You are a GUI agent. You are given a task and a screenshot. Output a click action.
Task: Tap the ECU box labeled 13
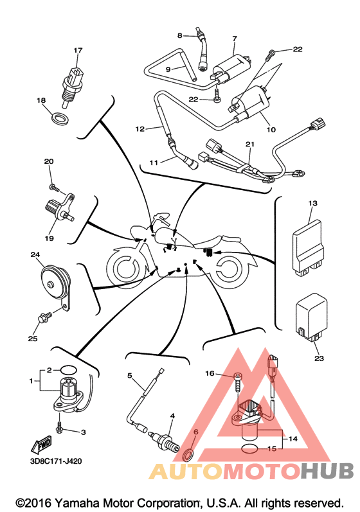pyautogui.click(x=309, y=248)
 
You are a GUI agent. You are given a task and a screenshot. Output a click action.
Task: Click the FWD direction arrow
pyautogui.click(x=42, y=445)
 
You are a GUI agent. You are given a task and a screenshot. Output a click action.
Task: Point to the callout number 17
pyautogui.click(x=78, y=50)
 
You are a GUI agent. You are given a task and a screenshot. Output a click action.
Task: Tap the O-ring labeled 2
pyautogui.click(x=69, y=370)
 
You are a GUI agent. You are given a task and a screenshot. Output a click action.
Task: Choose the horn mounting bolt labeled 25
pyautogui.click(x=44, y=317)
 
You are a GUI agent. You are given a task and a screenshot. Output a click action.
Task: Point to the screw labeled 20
pyautogui.click(x=55, y=188)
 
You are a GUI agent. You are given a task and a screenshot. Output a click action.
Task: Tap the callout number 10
pyautogui.click(x=271, y=130)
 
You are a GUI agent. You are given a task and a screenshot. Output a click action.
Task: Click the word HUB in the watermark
pyautogui.click(x=327, y=471)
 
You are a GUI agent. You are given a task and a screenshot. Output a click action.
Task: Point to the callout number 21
pyautogui.click(x=250, y=144)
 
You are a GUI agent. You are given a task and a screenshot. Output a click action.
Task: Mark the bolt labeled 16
pyautogui.click(x=238, y=383)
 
